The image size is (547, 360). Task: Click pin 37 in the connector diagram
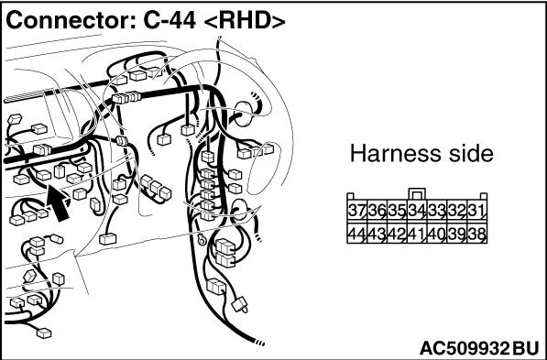(x=356, y=211)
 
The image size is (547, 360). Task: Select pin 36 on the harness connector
(x=377, y=211)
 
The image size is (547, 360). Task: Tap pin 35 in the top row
(x=397, y=211)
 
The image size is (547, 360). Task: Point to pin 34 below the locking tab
(x=417, y=211)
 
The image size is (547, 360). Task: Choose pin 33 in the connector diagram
(x=437, y=211)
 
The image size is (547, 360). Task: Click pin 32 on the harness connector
(x=457, y=211)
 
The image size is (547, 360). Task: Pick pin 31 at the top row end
(x=476, y=211)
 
